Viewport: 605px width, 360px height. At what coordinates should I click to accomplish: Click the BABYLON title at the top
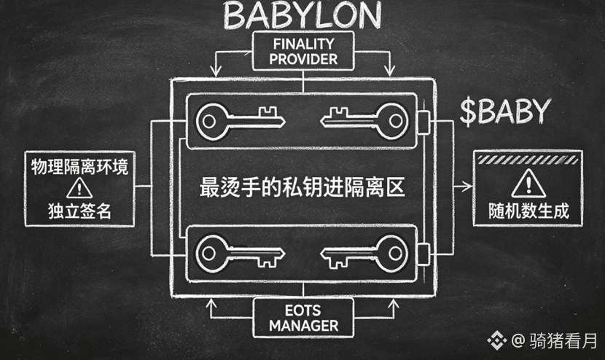click(302, 15)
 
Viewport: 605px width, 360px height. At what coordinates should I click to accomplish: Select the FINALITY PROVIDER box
click(303, 51)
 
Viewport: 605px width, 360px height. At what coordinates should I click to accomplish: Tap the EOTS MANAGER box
click(303, 318)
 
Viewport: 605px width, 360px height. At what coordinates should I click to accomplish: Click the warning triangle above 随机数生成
click(528, 184)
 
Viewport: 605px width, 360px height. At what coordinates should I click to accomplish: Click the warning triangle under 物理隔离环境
click(79, 188)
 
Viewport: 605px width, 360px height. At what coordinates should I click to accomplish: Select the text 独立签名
click(80, 211)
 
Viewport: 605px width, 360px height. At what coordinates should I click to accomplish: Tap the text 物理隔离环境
click(79, 166)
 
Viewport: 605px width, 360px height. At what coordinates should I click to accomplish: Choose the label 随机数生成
click(528, 211)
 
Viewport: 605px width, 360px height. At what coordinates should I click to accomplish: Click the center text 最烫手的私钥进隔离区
click(302, 187)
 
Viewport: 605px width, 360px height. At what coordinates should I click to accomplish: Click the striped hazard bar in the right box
click(528, 160)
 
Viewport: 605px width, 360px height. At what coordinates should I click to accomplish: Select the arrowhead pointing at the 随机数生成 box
click(467, 187)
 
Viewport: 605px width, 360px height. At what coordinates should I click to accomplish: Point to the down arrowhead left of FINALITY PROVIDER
click(216, 71)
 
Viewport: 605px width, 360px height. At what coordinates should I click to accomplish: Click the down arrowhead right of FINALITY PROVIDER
click(390, 71)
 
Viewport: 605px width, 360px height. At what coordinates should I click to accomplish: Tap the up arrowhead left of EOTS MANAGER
click(211, 303)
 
